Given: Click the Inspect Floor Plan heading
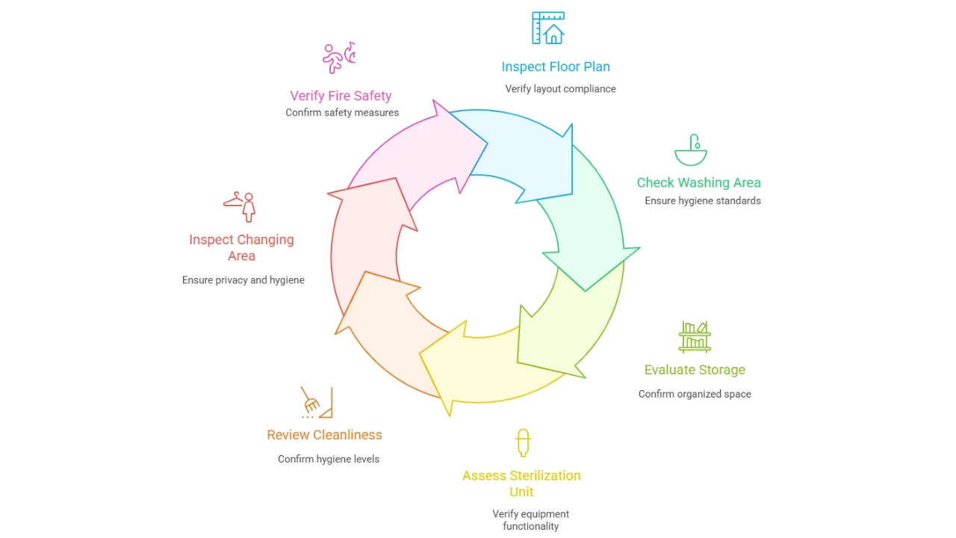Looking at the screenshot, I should (556, 67).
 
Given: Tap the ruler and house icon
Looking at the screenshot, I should (547, 28).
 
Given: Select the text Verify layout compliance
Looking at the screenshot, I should (560, 89).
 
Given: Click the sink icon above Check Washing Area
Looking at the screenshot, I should (690, 151).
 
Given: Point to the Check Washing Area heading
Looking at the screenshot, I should (698, 182).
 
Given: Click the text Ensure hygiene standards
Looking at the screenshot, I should (702, 200).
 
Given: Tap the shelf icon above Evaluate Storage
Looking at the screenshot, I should (695, 336).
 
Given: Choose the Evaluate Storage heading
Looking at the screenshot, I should (695, 370).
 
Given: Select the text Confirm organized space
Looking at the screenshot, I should (695, 394).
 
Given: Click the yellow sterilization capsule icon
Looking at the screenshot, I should (523, 442).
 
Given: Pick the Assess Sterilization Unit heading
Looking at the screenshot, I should (521, 483).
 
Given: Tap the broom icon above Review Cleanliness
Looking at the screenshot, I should (317, 402).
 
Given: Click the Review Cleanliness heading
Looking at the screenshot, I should (324, 435).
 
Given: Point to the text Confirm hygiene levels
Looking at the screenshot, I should (329, 459).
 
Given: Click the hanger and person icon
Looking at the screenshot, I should (240, 206).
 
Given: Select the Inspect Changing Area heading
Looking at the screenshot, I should (241, 247).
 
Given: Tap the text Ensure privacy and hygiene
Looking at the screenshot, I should (243, 280).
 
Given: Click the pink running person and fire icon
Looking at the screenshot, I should (338, 58).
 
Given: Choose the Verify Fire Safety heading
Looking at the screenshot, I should (341, 96).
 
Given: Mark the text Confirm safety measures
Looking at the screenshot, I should (342, 113).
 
